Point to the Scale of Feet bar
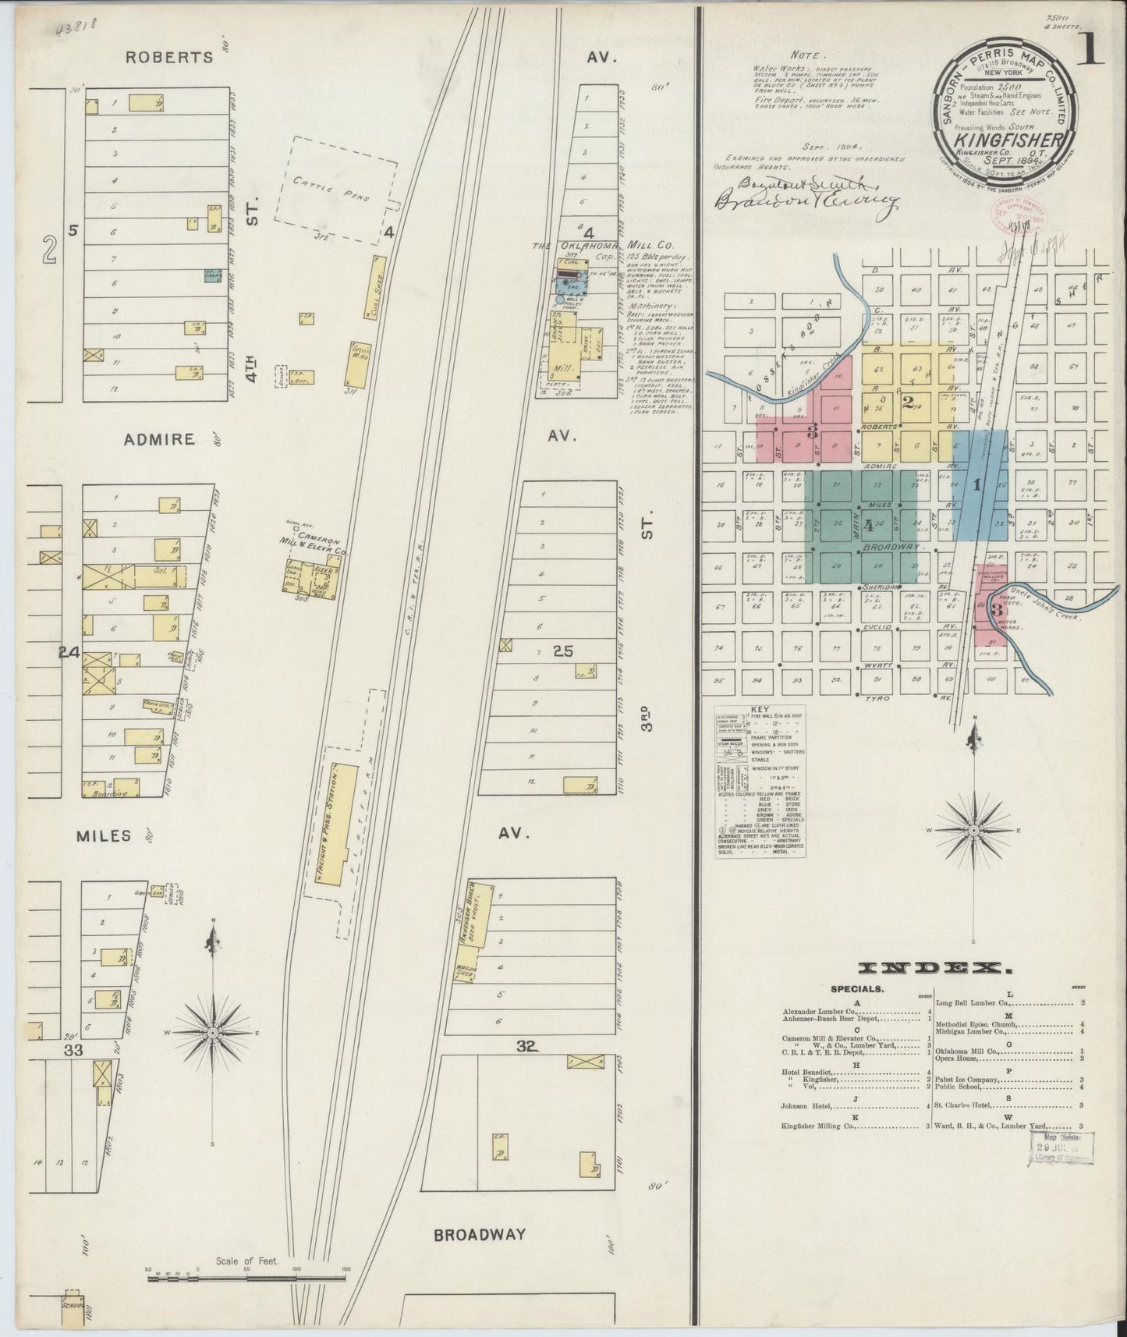coord(246,1277)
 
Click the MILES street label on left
coord(103,836)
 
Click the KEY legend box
coord(760,781)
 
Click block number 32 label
coord(528,1047)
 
